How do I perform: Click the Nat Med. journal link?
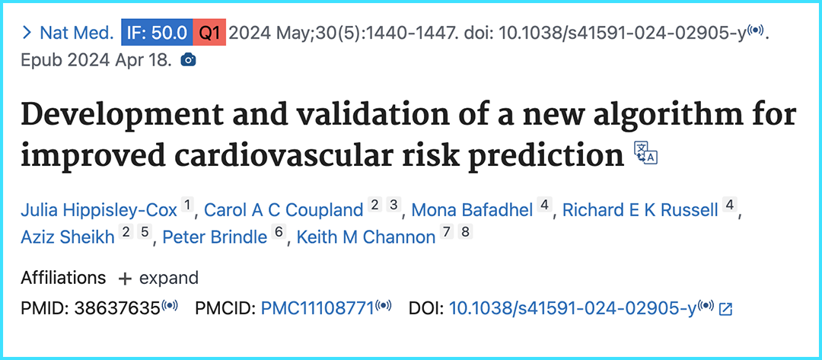(76, 33)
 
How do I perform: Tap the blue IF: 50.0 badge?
(157, 33)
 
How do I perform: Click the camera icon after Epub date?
(188, 59)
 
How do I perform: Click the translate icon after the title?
(645, 152)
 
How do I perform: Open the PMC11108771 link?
(317, 307)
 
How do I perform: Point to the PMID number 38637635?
(116, 307)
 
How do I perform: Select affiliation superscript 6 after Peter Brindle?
(279, 233)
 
